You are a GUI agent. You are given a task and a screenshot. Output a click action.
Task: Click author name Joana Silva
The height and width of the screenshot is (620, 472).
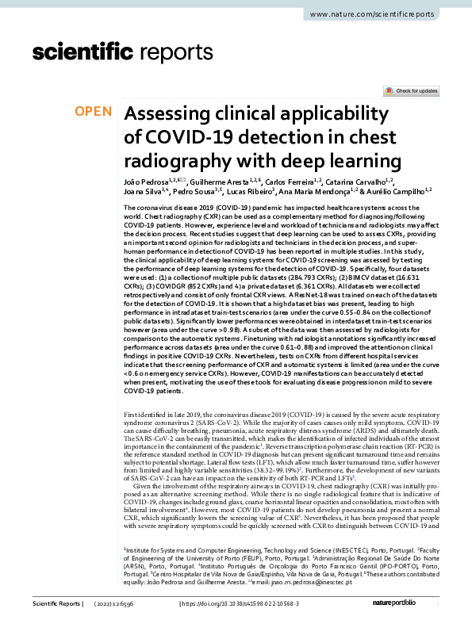click(x=144, y=193)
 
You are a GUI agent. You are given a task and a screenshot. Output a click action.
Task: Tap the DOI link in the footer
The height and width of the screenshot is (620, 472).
click(x=251, y=605)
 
